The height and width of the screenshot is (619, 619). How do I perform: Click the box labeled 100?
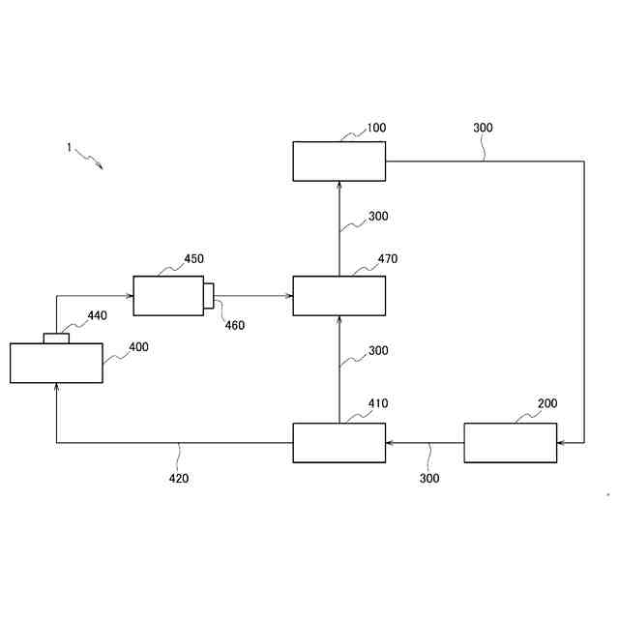(339, 161)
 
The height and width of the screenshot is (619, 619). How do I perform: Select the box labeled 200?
(511, 443)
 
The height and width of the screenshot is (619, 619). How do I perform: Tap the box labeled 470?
(339, 296)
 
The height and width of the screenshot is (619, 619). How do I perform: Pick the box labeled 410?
(339, 443)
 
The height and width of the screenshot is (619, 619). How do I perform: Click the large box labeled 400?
(56, 363)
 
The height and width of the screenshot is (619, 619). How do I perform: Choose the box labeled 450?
(168, 296)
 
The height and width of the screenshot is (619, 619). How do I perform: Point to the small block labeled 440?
(56, 339)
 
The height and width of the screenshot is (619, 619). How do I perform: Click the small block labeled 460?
(208, 295)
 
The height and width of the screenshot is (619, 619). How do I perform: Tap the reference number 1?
(69, 148)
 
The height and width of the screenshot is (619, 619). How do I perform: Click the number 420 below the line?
(179, 478)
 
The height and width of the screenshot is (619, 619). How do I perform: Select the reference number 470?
(387, 259)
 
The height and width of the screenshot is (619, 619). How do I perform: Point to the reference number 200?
(546, 403)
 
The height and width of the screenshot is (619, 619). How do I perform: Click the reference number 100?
(375, 128)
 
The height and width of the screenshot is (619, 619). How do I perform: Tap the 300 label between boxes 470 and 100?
(378, 217)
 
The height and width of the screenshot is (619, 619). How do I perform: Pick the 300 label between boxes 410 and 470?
(378, 351)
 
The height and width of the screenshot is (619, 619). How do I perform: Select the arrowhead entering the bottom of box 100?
(339, 185)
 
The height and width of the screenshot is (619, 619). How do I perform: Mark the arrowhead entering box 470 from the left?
(288, 296)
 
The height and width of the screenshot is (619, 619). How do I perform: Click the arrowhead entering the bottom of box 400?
(56, 387)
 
